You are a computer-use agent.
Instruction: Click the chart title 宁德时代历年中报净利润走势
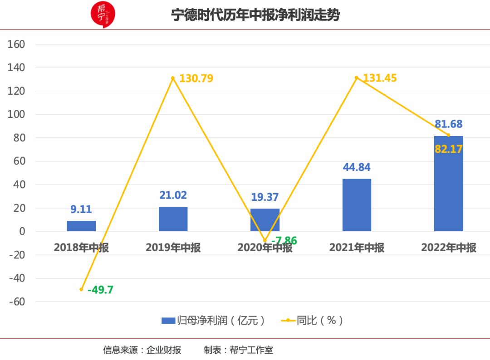pos(255,15)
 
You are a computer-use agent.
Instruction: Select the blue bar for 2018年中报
pos(81,226)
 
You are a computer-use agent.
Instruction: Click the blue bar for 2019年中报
pos(173,219)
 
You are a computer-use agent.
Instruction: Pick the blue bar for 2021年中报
pos(357,205)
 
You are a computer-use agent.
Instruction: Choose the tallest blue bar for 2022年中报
pos(448,184)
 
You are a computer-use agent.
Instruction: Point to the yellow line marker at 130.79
pos(173,78)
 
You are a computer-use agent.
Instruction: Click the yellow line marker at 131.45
pos(357,78)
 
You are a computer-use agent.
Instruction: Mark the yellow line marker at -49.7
pos(81,289)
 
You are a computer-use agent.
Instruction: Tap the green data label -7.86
pos(284,241)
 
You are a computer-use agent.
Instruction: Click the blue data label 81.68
pos(448,124)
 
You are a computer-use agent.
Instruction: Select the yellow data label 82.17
pos(448,149)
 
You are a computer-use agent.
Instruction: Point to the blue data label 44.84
pos(357,167)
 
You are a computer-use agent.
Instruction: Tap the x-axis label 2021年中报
pos(357,248)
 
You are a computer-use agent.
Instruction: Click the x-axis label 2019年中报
pos(173,248)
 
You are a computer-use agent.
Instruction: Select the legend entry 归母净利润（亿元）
pos(213,321)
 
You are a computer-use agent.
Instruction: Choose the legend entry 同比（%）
pos(313,321)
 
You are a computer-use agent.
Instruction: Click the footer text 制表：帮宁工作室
pos(238,350)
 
